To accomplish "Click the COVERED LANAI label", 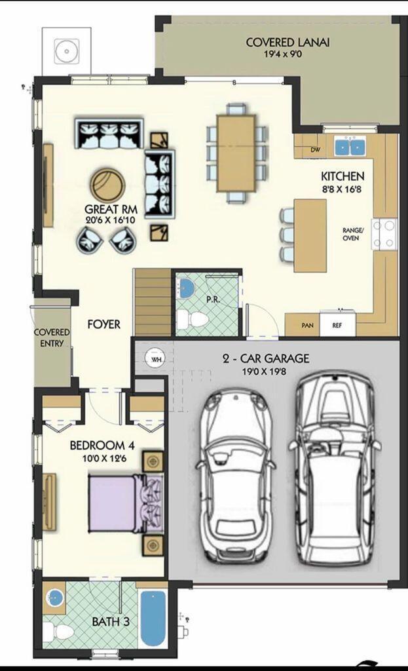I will [x=287, y=43].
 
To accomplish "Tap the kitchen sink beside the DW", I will [x=349, y=146].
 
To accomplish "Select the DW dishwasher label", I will [x=316, y=150].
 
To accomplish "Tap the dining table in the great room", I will [x=236, y=153].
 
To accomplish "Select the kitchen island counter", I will [x=310, y=235].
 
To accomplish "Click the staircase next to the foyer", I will [x=153, y=303].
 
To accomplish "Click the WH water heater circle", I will [x=156, y=360].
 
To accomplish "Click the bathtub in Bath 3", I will [x=153, y=618].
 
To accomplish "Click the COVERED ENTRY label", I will [x=52, y=338].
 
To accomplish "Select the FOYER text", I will [x=104, y=324].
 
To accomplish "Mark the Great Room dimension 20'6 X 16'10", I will [x=109, y=220].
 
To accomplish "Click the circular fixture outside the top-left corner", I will [x=66, y=50].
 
